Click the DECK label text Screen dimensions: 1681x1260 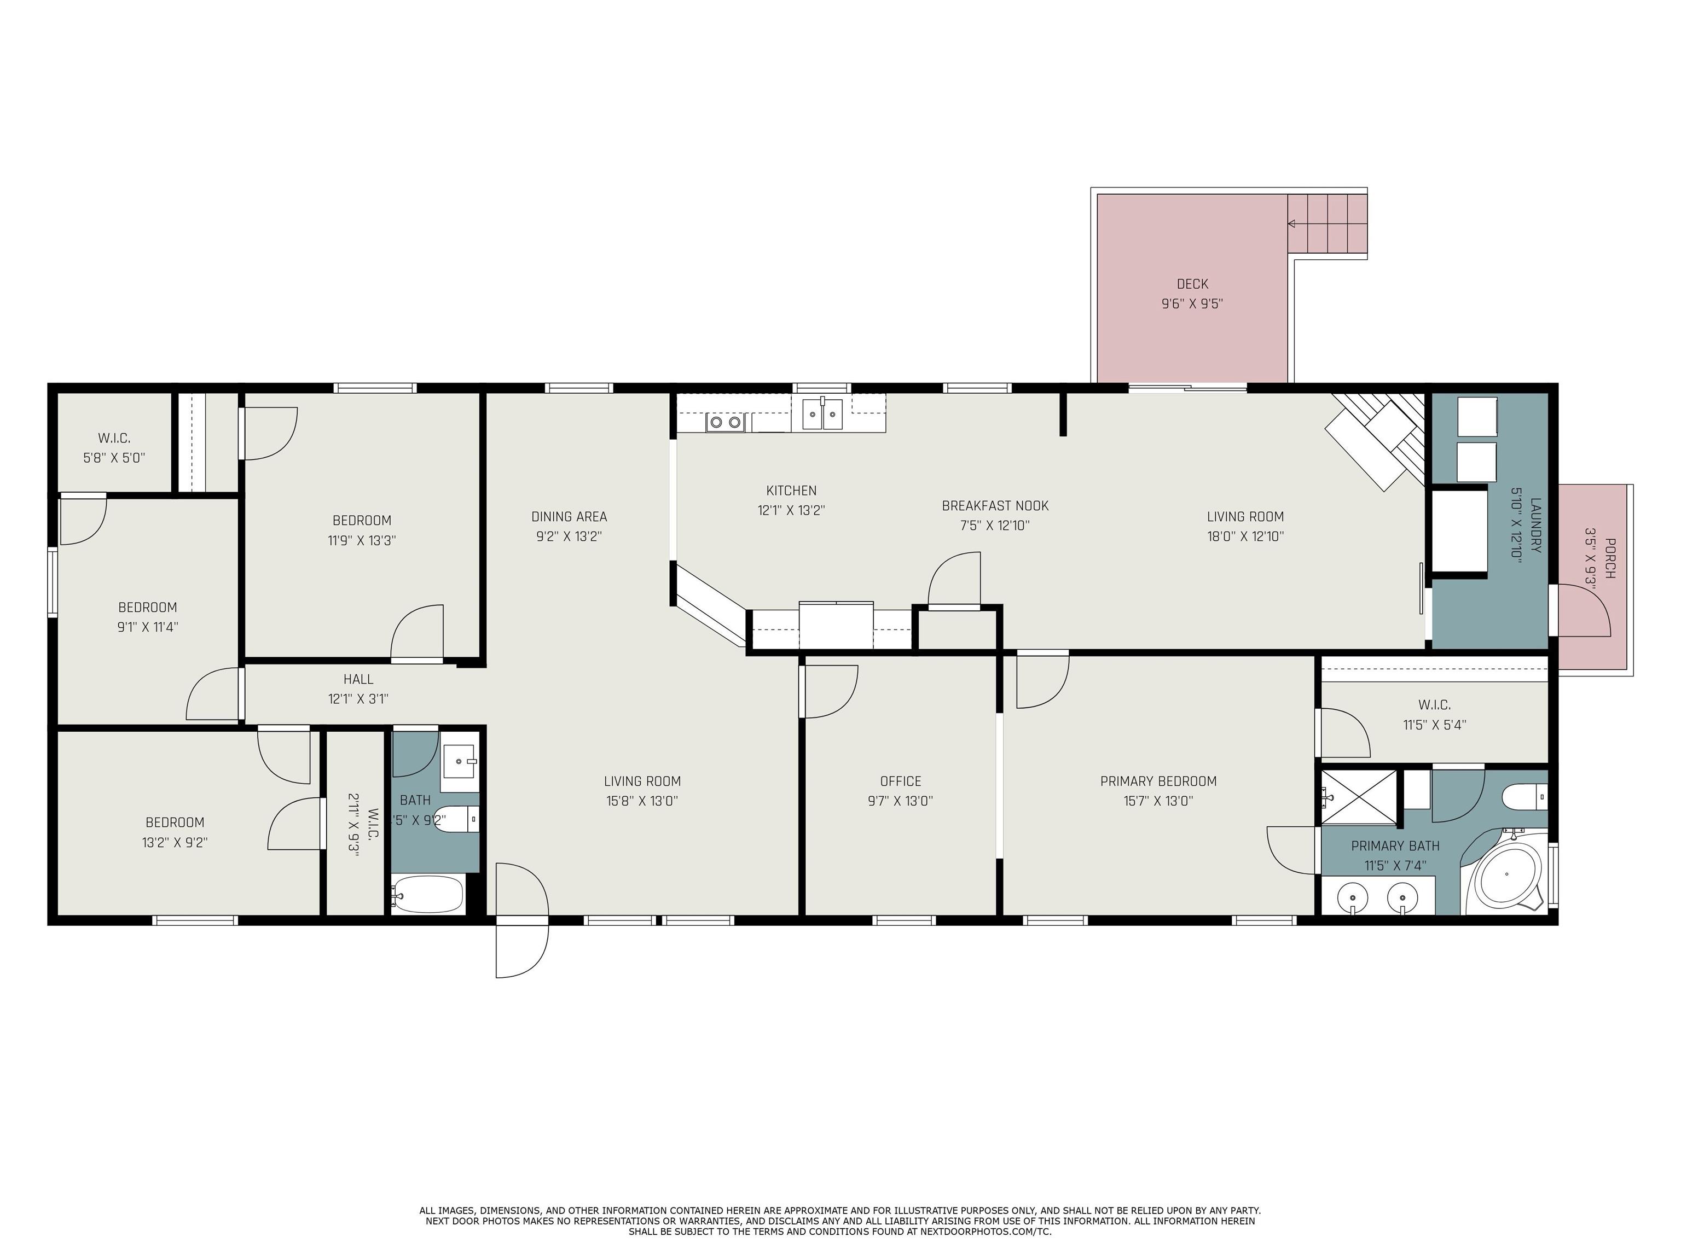pos(1192,284)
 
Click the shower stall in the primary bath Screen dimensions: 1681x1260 pos(1359,797)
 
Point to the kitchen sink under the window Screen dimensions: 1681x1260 pos(822,414)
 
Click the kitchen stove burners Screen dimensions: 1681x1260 pos(725,422)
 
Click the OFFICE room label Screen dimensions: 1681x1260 pos(901,781)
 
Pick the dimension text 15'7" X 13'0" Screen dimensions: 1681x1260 pos(1158,801)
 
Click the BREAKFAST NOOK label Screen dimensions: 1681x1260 pos(995,506)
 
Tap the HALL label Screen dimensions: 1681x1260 pos(358,679)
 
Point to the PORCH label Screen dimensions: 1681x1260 pos(1609,558)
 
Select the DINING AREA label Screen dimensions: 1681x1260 pos(569,516)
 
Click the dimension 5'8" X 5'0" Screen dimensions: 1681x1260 pos(114,458)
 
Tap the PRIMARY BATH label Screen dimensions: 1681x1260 pos(1395,845)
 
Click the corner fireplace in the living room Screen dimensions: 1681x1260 pos(1376,440)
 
